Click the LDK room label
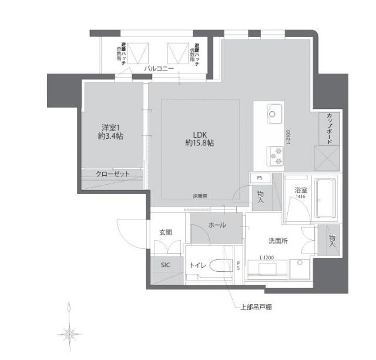click(x=197, y=133)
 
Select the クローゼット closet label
click(x=113, y=174)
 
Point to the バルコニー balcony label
click(x=159, y=69)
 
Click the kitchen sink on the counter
click(x=274, y=111)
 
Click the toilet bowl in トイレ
click(x=216, y=266)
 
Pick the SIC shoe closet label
click(x=165, y=265)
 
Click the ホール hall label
click(x=217, y=225)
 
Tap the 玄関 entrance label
click(x=165, y=232)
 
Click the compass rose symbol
click(x=69, y=334)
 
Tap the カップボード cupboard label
click(x=329, y=129)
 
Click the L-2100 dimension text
click(x=290, y=138)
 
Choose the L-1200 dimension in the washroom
click(x=268, y=257)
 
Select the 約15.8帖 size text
click(x=199, y=143)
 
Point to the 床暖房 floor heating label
click(x=199, y=196)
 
